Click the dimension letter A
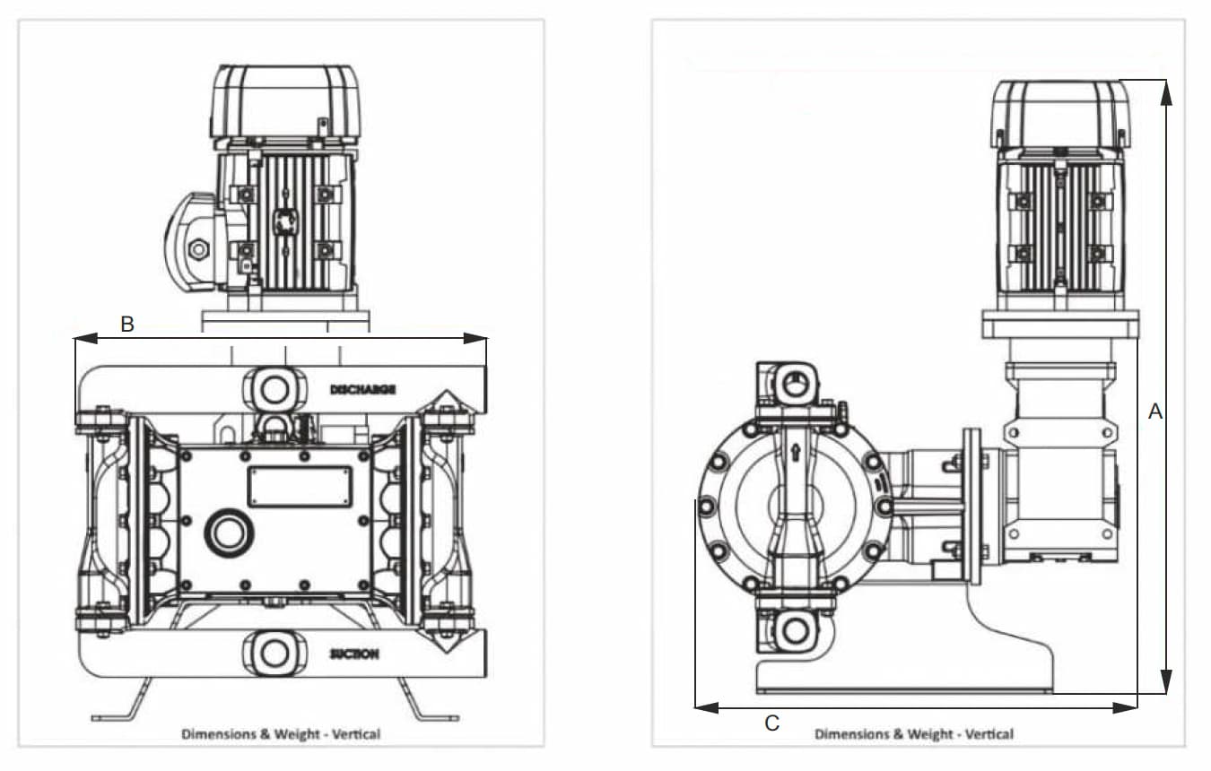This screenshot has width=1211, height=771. click(1155, 411)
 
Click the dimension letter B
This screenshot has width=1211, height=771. click(127, 325)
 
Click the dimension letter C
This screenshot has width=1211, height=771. click(772, 723)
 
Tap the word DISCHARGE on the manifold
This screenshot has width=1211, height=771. click(362, 389)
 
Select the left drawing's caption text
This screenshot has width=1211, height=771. click(281, 733)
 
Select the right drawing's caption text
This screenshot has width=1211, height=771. click(913, 733)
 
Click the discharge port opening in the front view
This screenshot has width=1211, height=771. click(275, 389)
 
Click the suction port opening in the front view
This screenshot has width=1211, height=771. click(275, 652)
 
